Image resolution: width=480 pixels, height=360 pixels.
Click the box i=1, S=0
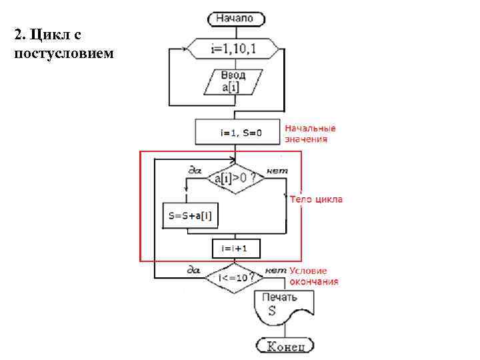(237, 133)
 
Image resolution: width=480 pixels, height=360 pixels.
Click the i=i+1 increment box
(235, 248)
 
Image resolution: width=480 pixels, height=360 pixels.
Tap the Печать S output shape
(281, 307)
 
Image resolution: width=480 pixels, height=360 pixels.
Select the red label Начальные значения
(310, 133)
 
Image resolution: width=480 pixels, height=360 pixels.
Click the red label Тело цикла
(317, 199)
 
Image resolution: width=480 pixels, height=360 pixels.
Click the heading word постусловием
(64, 53)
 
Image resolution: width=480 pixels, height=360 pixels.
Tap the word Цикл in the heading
(48, 33)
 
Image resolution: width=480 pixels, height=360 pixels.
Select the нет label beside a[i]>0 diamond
(277, 171)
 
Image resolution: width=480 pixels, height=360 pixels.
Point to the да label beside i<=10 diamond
(194, 269)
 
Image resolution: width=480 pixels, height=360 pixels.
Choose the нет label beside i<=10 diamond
(275, 269)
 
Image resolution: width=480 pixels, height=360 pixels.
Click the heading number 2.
(19, 33)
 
